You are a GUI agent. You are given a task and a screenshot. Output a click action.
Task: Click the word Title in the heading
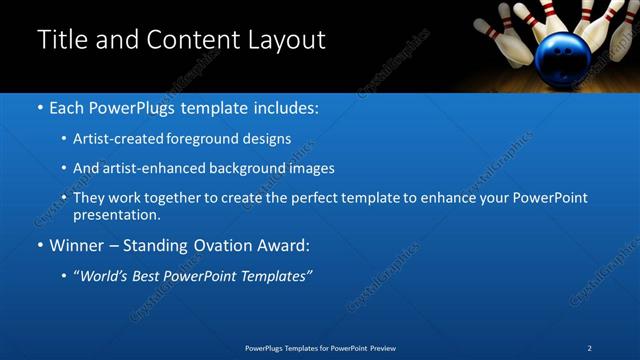(x=62, y=40)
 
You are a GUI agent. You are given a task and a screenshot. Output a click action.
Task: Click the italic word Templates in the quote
(x=275, y=276)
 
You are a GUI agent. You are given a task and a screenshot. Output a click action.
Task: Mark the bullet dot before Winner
(x=40, y=246)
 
